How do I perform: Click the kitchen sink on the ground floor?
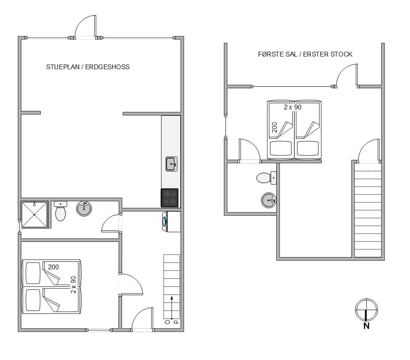(171, 164)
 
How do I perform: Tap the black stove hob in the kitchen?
(169, 198)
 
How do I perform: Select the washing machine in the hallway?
(171, 222)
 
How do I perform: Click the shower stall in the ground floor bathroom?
(35, 214)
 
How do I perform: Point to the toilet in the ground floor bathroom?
(60, 211)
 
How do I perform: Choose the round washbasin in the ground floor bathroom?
(84, 208)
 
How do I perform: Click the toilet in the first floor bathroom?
(266, 178)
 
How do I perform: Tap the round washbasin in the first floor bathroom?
(269, 200)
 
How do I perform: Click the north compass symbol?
(366, 309)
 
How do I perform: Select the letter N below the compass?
(366, 326)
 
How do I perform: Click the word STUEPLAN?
(63, 67)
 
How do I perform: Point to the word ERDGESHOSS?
(107, 67)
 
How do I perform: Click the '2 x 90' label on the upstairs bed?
(293, 107)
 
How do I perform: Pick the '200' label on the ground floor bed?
(53, 267)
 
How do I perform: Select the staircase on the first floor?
(368, 209)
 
